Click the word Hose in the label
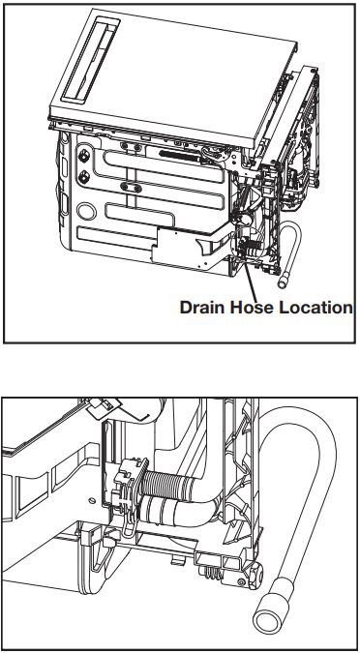click(251, 308)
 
